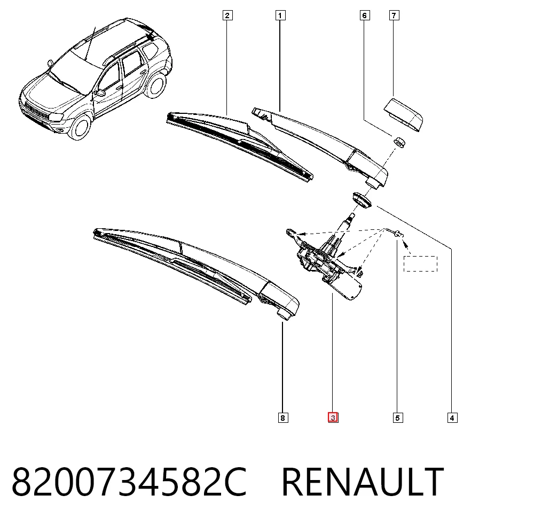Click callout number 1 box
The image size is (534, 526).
point(280,16)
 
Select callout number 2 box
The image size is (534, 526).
point(227,16)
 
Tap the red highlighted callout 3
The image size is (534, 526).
point(333,417)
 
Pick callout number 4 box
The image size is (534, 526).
point(452,417)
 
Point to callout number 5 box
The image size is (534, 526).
point(398,417)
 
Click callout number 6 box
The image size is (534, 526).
point(365,16)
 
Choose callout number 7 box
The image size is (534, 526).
point(394,16)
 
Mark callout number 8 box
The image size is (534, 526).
point(282,417)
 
